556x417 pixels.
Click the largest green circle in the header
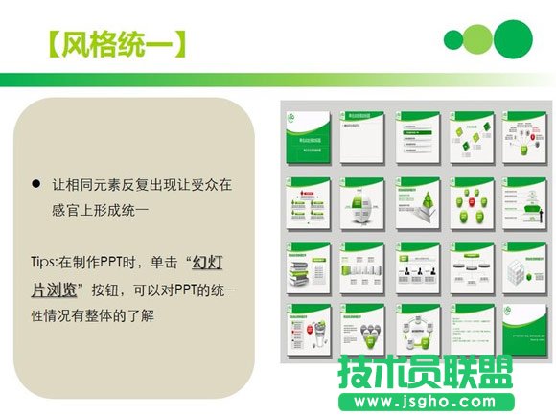(513, 38)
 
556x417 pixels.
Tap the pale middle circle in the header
(477, 39)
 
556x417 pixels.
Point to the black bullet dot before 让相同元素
(35, 183)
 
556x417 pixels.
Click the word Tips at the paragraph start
(45, 261)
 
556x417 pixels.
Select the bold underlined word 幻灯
(208, 261)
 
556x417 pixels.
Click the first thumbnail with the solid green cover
(308, 137)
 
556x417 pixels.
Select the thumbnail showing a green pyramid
(418, 202)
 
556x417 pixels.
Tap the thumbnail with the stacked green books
(308, 266)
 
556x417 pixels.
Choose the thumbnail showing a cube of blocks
(525, 266)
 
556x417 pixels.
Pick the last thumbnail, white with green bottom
(525, 329)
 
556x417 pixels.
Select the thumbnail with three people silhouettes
(418, 266)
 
